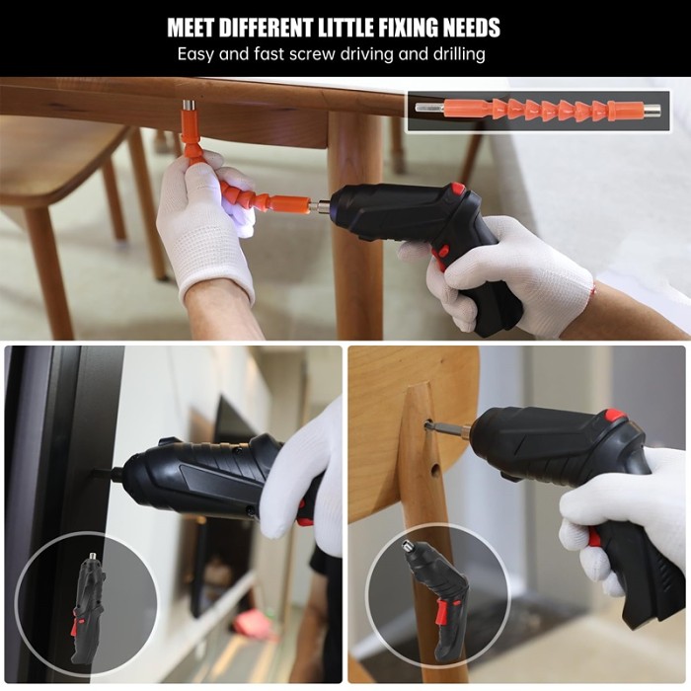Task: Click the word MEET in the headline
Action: click(x=192, y=28)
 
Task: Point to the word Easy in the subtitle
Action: click(x=196, y=53)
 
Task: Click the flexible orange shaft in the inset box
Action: click(x=542, y=109)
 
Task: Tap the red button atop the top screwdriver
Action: click(x=457, y=189)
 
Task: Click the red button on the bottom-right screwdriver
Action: click(x=615, y=416)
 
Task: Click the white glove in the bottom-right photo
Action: click(x=622, y=513)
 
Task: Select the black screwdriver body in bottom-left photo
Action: click(x=197, y=479)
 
